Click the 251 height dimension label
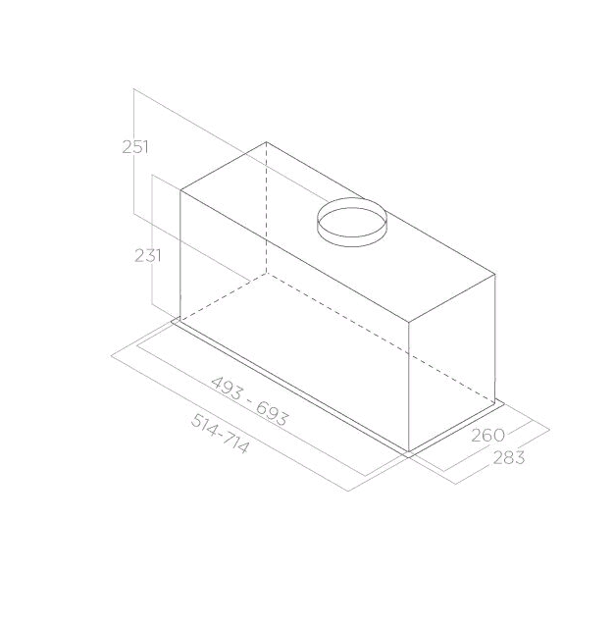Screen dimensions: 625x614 pos(134,147)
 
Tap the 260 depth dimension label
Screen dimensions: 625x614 pos(486,434)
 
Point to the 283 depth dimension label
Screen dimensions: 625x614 pos(510,456)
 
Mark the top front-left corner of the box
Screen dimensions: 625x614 pos(180,189)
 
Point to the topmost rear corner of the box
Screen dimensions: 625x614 pos(267,141)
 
